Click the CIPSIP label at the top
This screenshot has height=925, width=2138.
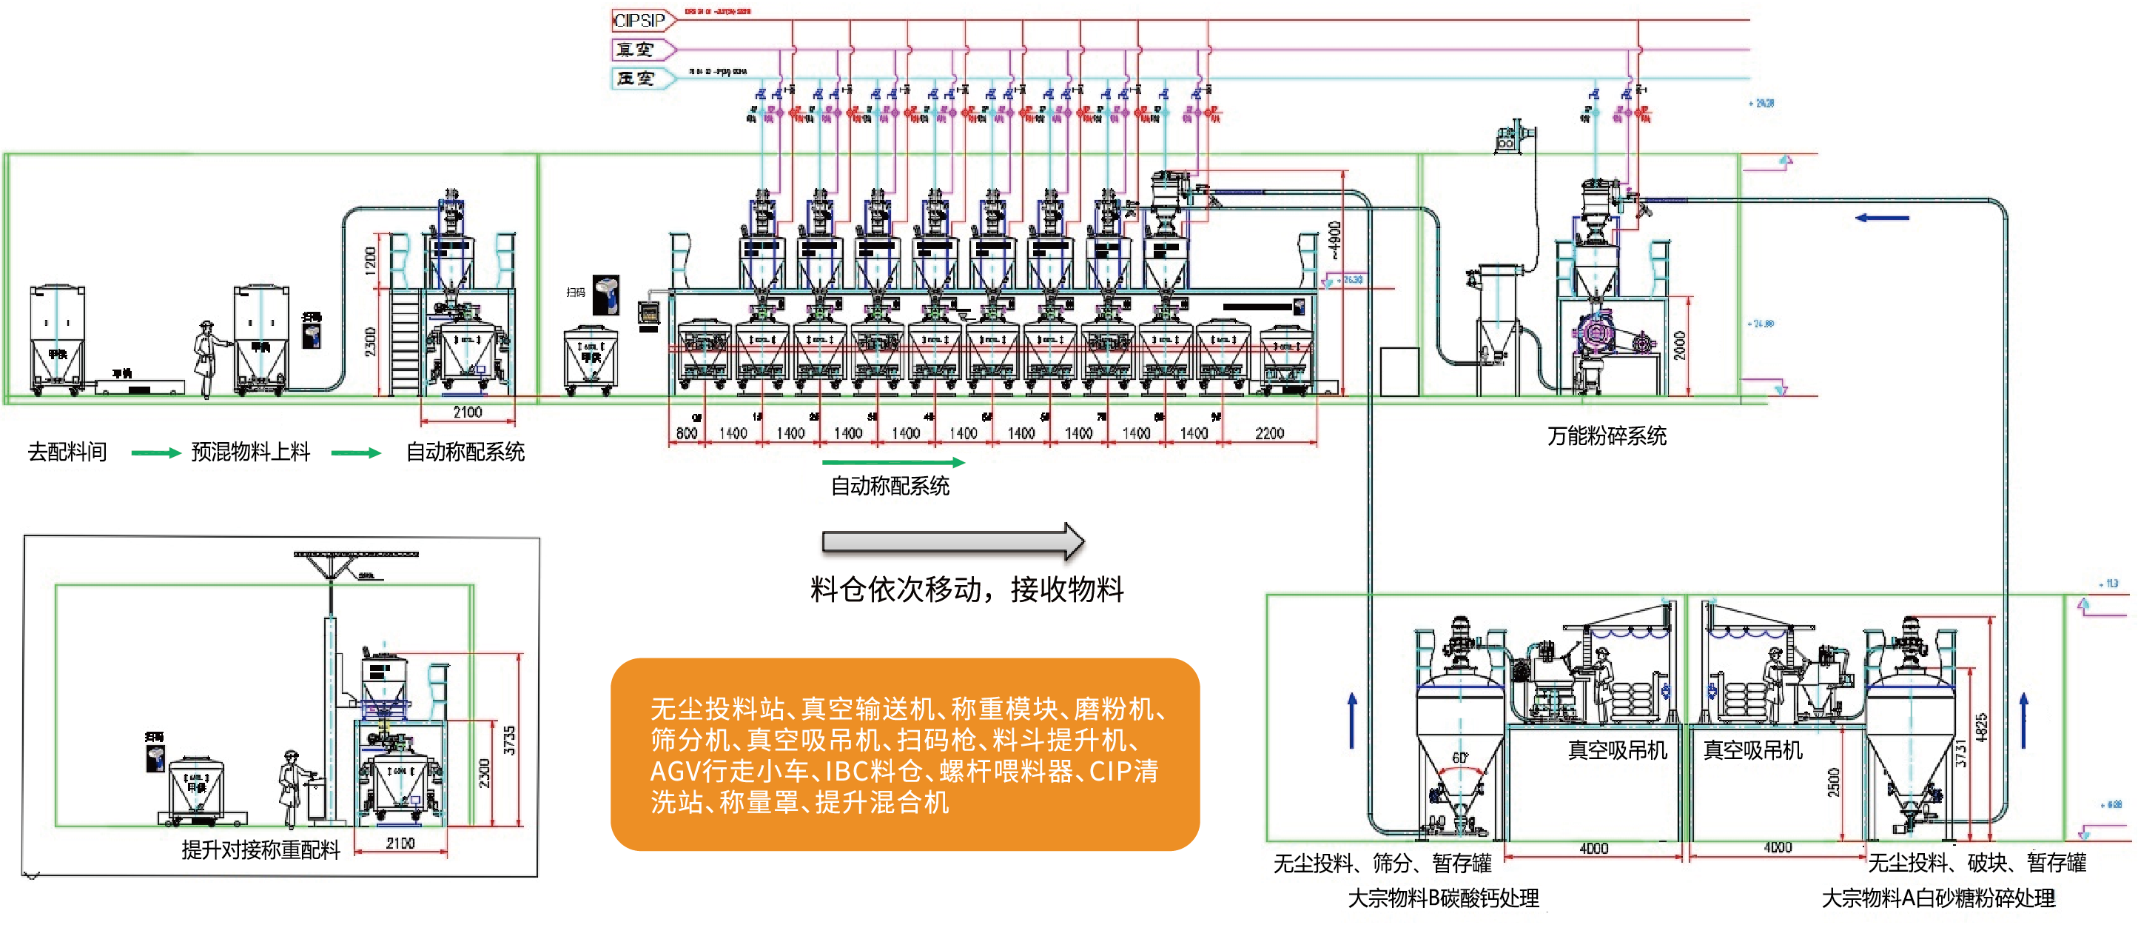point(639,20)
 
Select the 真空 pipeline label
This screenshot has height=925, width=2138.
point(635,50)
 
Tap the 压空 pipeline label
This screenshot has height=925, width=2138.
point(635,78)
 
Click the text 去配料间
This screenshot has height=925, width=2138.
point(67,452)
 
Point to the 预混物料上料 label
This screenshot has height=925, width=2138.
point(250,452)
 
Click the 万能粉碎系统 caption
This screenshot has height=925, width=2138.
point(1606,436)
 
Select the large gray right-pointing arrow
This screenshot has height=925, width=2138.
point(952,541)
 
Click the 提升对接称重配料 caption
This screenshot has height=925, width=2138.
point(260,850)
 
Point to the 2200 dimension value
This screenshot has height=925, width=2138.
point(1269,433)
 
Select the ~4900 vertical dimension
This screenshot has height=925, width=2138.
point(1334,240)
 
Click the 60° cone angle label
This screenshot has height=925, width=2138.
point(1459,758)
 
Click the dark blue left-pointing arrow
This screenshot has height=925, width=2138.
point(1881,218)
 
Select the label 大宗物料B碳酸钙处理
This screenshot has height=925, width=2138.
point(1442,898)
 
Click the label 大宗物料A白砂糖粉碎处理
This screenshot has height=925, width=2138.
point(1938,898)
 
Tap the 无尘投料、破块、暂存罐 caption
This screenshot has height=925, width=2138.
point(1976,863)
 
